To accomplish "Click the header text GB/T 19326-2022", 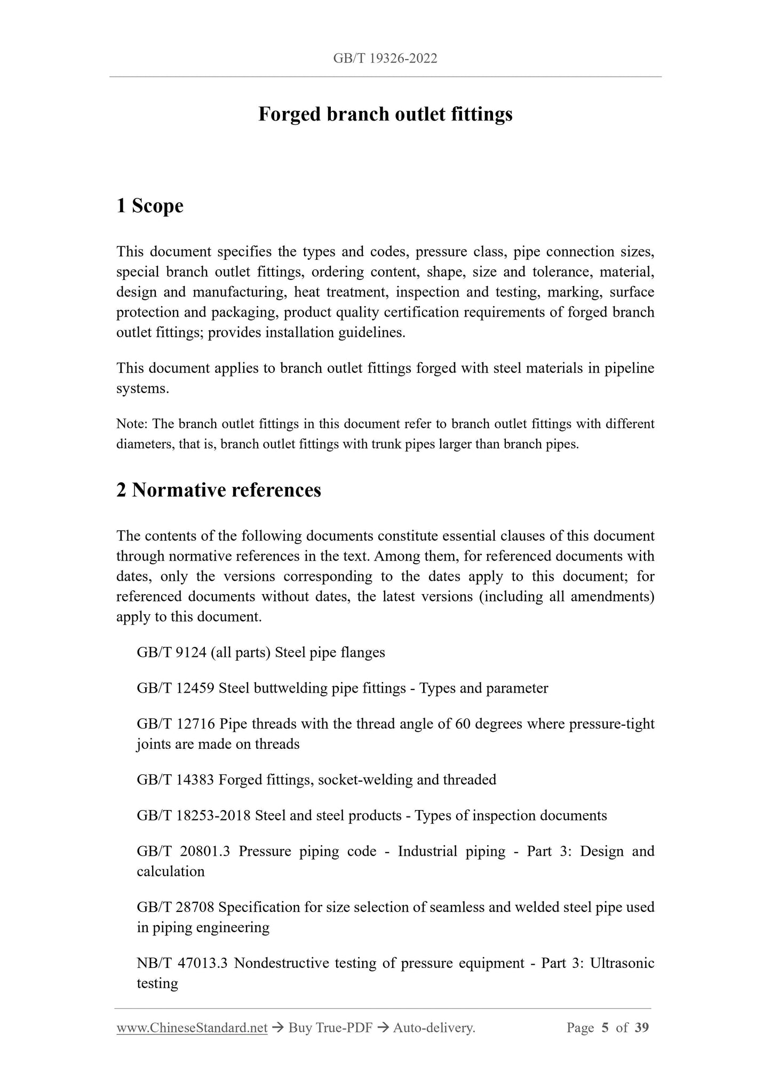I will pos(385,59).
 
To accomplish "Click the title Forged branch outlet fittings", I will pos(385,114).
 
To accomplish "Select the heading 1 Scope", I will pos(150,206).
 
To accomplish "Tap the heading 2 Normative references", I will pos(219,490).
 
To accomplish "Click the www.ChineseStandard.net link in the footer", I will pos(192,1028).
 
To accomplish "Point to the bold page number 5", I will pos(605,1028).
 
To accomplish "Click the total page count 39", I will pos(642,1028).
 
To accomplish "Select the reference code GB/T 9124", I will pos(171,652).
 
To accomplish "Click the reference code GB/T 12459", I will pos(176,688).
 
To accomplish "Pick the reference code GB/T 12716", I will pos(176,724).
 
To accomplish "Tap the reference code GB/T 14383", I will pos(176,780).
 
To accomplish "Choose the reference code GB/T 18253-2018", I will pos(194,815).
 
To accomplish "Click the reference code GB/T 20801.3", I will pos(183,851).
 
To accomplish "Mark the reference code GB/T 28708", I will pos(176,907).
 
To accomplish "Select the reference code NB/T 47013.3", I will pos(182,963).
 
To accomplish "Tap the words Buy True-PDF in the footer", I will pos(330,1028).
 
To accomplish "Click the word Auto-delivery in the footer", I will pos(433,1028).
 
